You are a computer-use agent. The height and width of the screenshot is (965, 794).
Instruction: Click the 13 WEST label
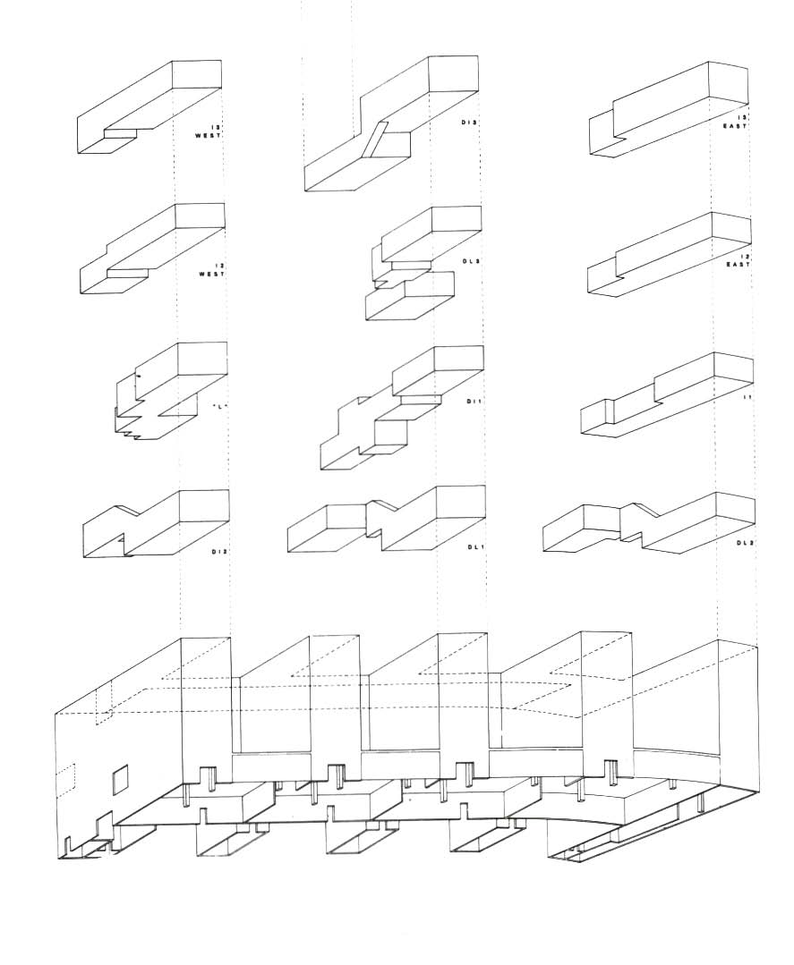[209, 132]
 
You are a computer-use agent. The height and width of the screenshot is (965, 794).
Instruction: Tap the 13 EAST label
[737, 123]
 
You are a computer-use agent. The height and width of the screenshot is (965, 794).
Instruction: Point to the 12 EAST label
[738, 261]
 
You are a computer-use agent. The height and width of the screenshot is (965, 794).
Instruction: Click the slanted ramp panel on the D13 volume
[380, 140]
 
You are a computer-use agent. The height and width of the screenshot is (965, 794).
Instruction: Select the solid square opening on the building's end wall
[120, 779]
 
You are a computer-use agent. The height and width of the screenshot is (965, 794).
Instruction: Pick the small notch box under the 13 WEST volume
[121, 134]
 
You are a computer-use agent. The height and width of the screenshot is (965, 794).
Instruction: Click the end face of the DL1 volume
[459, 504]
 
